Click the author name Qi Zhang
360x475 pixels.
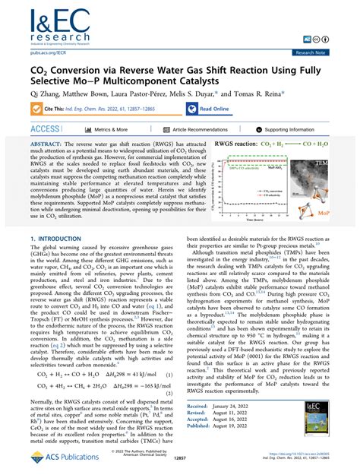pos(38,93)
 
